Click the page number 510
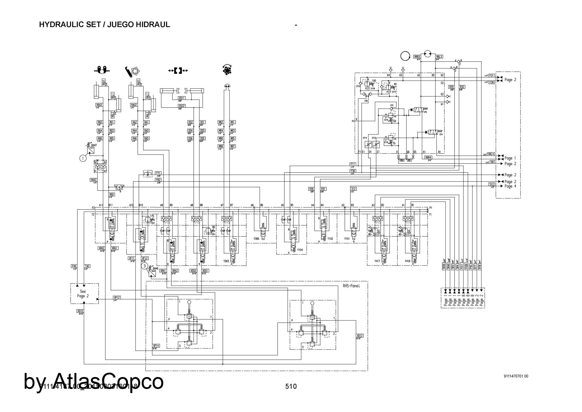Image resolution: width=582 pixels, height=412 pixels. click(x=291, y=386)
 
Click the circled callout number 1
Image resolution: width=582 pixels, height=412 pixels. click(x=83, y=158)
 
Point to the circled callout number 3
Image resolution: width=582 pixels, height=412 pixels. click(x=145, y=266)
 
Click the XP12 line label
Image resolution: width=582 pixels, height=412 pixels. click(x=117, y=297)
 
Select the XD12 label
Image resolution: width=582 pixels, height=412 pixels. click(x=360, y=336)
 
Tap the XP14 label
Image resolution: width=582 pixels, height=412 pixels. click(x=156, y=346)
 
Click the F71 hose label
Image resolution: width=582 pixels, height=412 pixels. click(x=158, y=173)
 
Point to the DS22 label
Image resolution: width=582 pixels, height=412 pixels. click(x=182, y=106)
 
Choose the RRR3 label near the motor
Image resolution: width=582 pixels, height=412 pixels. click(x=417, y=57)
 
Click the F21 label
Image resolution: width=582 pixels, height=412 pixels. click(x=491, y=76)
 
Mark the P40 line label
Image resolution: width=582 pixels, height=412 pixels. click(x=74, y=266)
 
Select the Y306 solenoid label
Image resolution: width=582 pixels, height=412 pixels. click(x=256, y=239)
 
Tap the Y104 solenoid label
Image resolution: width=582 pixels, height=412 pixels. click(x=300, y=250)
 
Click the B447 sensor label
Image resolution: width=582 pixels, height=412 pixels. click(x=94, y=145)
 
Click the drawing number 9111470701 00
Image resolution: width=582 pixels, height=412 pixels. click(x=516, y=376)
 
